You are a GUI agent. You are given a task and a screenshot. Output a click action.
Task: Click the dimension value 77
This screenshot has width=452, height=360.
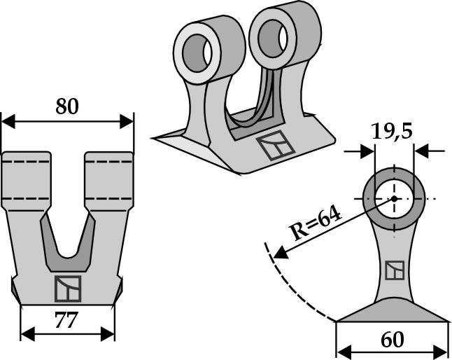tap(66, 321)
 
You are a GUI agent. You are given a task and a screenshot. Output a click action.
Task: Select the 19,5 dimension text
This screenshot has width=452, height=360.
tap(393, 132)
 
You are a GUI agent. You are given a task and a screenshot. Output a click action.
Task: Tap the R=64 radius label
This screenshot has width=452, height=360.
tap(316, 225)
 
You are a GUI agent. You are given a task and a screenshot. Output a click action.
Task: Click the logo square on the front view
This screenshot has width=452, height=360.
tap(68, 289)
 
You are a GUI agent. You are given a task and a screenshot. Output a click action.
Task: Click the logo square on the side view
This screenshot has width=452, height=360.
tap(394, 271)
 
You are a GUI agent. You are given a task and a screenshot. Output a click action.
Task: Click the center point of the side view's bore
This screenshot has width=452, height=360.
tap(393, 199)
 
